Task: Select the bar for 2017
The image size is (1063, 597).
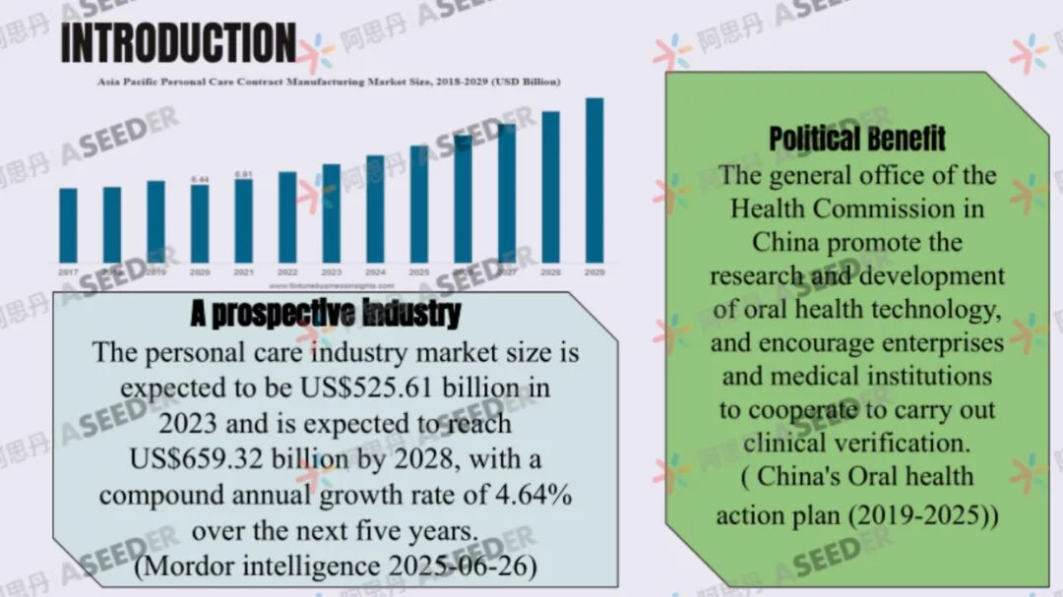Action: pos(68,225)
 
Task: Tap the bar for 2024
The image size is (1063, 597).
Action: pos(375,209)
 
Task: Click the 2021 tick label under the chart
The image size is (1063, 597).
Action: pos(243,271)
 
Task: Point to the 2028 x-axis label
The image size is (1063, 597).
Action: pos(550,271)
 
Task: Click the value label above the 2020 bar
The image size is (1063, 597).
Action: pos(200,179)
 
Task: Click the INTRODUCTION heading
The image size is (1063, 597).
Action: pos(178,44)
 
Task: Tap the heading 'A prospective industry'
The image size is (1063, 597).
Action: pos(325,314)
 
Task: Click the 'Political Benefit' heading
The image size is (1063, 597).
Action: pos(856,139)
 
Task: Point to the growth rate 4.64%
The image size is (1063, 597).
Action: pos(535,495)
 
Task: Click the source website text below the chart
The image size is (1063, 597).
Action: pos(329,286)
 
